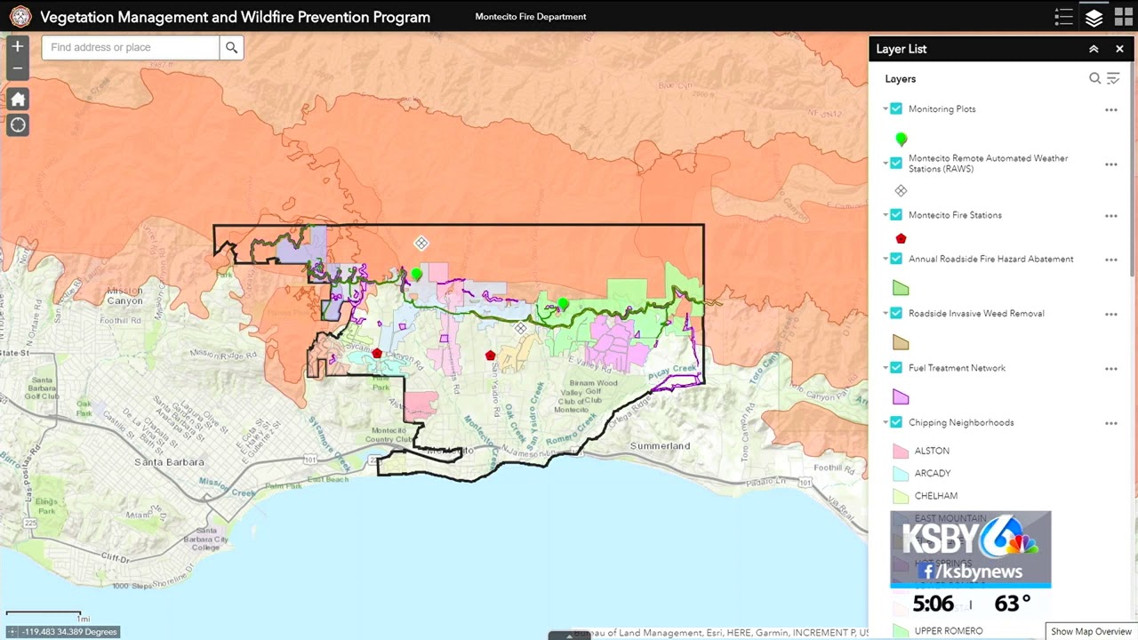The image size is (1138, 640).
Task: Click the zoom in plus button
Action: pyautogui.click(x=17, y=46)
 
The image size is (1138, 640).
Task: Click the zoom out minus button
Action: pyautogui.click(x=17, y=68)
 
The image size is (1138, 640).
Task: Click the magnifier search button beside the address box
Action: pyautogui.click(x=231, y=47)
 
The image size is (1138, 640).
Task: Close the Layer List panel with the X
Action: pyautogui.click(x=1119, y=49)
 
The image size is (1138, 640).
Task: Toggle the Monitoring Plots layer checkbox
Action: pyautogui.click(x=896, y=108)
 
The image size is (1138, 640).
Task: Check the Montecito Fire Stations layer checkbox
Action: pyautogui.click(x=896, y=215)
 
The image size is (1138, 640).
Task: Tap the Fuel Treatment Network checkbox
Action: pyautogui.click(x=896, y=367)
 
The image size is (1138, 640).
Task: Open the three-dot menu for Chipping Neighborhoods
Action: pyautogui.click(x=1110, y=423)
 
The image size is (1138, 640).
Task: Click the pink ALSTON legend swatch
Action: pyautogui.click(x=900, y=452)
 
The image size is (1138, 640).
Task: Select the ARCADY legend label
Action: pyautogui.click(x=932, y=474)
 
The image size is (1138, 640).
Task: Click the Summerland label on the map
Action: pyautogui.click(x=660, y=445)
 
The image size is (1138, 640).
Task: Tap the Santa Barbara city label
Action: pyautogui.click(x=169, y=462)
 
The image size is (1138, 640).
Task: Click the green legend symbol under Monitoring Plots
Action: pyautogui.click(x=902, y=140)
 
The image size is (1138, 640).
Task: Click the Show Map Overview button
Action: pyautogui.click(x=1091, y=631)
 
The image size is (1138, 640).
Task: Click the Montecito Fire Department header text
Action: pyautogui.click(x=531, y=17)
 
